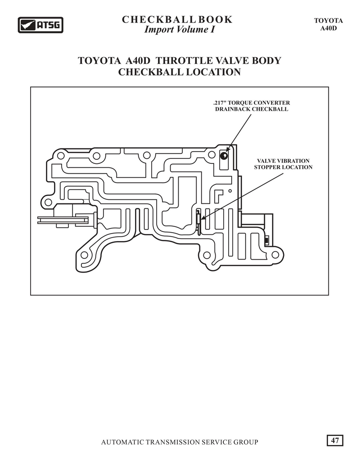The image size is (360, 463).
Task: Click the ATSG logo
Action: click(x=40, y=25)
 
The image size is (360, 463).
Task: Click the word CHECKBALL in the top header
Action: click(x=159, y=19)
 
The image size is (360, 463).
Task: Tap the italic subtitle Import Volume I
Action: click(x=180, y=30)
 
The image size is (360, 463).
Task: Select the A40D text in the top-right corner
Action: click(x=328, y=28)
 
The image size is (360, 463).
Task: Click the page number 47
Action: click(x=335, y=440)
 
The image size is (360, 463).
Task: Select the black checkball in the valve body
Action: click(x=224, y=156)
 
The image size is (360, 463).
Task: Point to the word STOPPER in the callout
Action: click(x=267, y=167)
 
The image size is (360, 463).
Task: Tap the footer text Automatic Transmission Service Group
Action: click(x=180, y=442)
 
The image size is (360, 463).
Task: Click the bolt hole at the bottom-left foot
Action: click(x=84, y=255)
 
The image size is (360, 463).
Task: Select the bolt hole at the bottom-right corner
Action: click(x=275, y=255)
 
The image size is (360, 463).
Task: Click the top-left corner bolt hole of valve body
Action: click(x=61, y=156)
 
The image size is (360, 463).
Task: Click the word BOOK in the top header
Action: click(x=216, y=19)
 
